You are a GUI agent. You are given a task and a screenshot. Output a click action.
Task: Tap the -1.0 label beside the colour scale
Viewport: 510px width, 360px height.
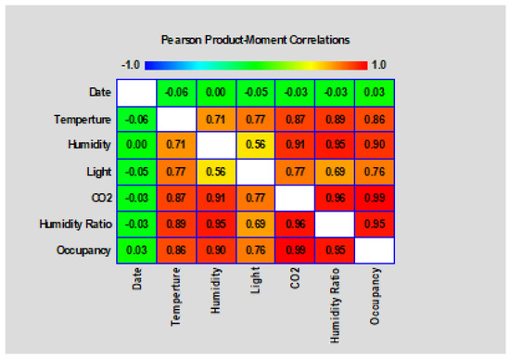[x=131, y=65]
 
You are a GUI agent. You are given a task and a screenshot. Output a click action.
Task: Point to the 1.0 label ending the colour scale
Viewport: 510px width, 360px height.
[x=379, y=65]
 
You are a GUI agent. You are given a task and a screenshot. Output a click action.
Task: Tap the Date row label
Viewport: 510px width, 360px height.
[x=100, y=93]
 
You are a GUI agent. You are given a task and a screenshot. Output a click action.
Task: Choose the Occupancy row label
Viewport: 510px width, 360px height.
[x=83, y=251]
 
